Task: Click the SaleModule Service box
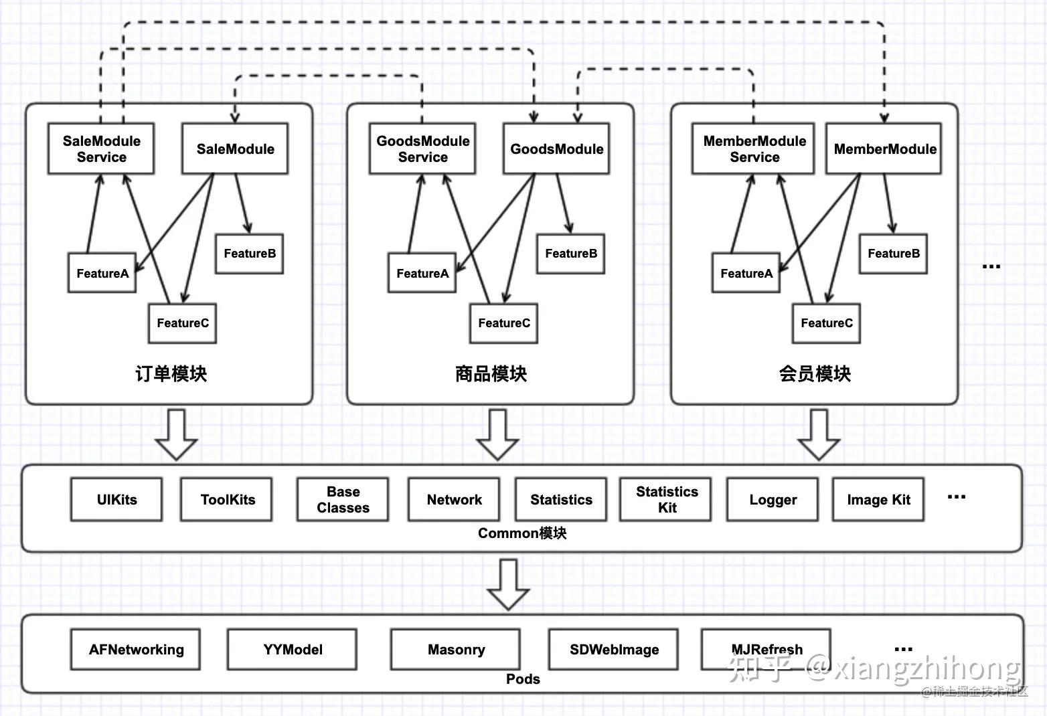[101, 149]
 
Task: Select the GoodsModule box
[556, 149]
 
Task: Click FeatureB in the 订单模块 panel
[249, 254]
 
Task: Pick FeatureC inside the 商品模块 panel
[503, 323]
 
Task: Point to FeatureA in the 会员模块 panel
[746, 273]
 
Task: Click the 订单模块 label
[171, 373]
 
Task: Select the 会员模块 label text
[814, 373]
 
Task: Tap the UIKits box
[116, 499]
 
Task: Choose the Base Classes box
[343, 499]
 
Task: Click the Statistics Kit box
[666, 499]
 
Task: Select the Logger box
[773, 499]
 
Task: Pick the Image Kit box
[878, 499]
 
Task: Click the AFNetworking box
[136, 649]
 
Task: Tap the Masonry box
[456, 649]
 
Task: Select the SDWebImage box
[614, 649]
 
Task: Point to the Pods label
[523, 679]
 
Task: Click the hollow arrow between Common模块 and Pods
[508, 584]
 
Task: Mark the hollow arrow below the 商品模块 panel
[497, 434]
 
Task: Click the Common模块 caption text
[522, 533]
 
